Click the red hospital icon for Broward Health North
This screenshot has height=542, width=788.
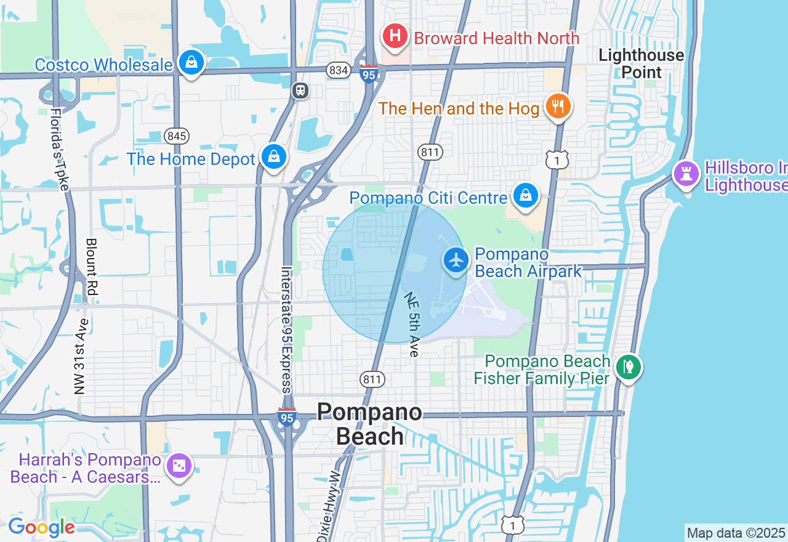point(395,36)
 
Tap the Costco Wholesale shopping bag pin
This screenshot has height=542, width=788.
point(191,62)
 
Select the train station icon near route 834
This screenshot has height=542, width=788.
point(300,91)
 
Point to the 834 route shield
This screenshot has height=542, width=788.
point(339,70)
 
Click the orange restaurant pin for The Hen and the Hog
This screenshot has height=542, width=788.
point(558,106)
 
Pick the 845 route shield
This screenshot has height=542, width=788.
point(177,136)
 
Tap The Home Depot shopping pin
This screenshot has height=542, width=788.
point(273,157)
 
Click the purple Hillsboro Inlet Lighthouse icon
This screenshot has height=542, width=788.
point(686,173)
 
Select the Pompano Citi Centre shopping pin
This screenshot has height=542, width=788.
point(525,196)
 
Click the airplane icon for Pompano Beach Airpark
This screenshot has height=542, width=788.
point(456,260)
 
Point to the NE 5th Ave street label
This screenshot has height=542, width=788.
point(412,324)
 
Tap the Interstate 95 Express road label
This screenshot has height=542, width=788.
point(286,329)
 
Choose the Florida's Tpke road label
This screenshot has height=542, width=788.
point(59,150)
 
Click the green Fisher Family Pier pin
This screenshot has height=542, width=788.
point(628,368)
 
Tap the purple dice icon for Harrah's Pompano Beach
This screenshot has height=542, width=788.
point(179,466)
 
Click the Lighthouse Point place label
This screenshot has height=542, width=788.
point(641,63)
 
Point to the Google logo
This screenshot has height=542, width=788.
point(41,527)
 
